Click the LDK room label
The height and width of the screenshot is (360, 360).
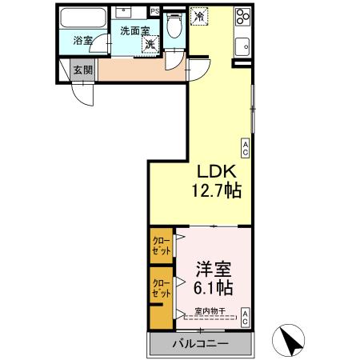click(x=215, y=172)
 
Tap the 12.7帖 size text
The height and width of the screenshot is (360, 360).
click(x=215, y=192)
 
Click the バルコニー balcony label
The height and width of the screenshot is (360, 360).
click(x=200, y=343)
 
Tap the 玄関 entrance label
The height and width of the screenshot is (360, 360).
click(x=83, y=70)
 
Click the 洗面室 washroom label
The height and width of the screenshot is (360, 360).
click(x=134, y=30)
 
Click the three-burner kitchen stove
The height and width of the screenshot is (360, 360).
click(x=242, y=18)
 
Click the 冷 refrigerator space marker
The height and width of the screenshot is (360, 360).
click(x=198, y=15)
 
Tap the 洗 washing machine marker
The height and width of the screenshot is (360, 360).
click(x=150, y=45)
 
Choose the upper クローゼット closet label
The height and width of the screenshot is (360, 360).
click(x=161, y=245)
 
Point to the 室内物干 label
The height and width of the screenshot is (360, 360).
click(x=210, y=310)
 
